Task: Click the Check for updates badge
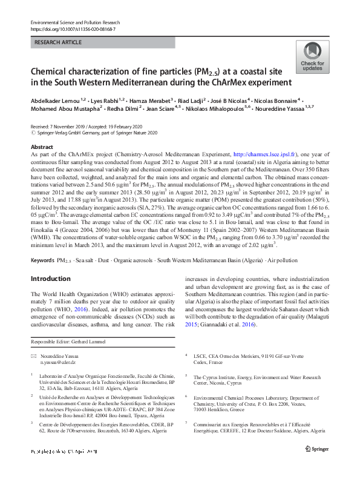tap(312, 57)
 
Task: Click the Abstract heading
tap(41, 147)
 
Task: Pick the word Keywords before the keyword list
tap(42, 260)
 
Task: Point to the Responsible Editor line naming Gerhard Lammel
tap(72, 343)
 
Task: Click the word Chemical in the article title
tap(52, 71)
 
